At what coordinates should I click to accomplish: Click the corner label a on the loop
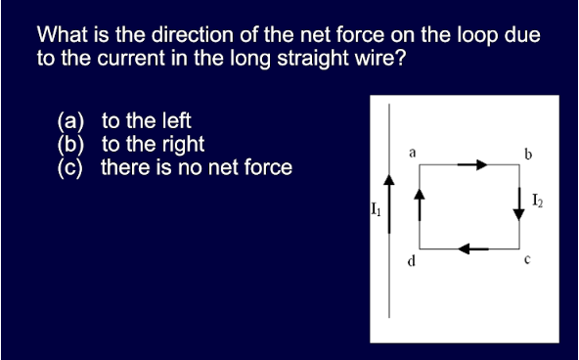[413, 153]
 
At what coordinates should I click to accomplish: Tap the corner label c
[526, 260]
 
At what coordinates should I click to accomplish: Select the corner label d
[412, 261]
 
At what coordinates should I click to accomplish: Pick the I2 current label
[538, 202]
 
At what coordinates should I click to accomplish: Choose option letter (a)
[71, 122]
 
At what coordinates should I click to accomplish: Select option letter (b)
[71, 145]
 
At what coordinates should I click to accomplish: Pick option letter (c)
[71, 167]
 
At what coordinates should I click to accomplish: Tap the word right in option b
[181, 145]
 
